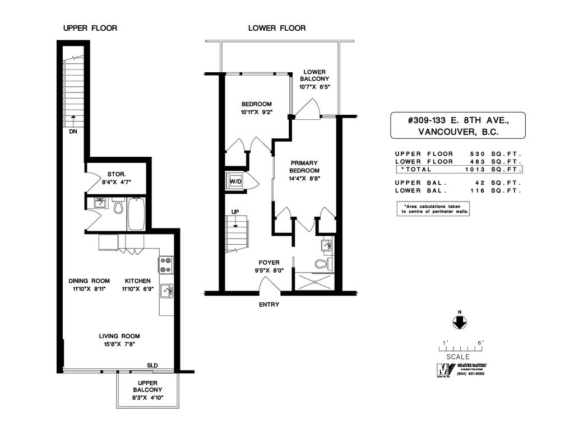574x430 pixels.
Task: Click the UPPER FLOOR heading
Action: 90,28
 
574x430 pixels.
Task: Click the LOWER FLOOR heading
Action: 277,28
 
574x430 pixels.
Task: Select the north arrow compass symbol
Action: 459,322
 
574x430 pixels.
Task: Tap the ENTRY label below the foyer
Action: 269,305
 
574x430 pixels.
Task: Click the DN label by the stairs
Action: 73,132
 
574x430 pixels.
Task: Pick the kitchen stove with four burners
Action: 166,264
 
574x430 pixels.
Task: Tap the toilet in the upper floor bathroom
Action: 118,207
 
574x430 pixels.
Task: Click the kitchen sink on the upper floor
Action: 166,291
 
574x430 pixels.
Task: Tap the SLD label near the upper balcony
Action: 152,365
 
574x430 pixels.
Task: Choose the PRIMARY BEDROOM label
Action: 304,167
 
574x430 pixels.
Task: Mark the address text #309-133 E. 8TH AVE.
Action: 458,119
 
